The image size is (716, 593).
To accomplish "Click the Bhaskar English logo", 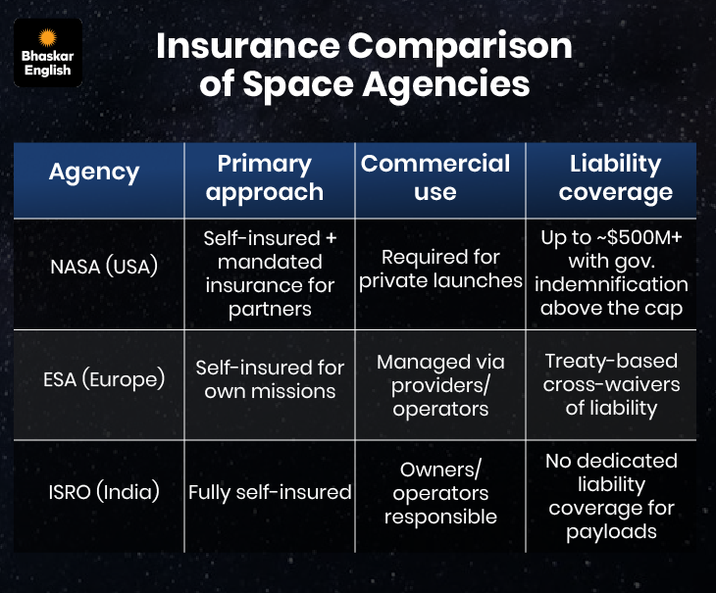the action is pos(48,53).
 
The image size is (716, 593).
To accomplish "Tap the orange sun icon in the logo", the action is pos(47,38).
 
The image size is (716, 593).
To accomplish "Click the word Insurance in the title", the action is pos(248,46).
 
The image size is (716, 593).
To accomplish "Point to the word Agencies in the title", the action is pos(446,85).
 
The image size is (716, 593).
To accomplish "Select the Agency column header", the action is pos(94,173).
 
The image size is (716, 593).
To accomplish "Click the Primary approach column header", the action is pos(265,178).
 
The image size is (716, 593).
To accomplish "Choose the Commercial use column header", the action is pos(435,177).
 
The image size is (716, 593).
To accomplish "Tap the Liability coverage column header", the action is pos(615,178).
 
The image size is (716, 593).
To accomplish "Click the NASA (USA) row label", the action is pos(104,267).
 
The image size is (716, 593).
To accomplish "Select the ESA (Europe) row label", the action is pos(104,379).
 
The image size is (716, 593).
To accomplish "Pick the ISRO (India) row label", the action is pos(104,492).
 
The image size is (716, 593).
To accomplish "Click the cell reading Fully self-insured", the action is pos(270,493).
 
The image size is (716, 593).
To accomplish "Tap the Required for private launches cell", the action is pos(440,270).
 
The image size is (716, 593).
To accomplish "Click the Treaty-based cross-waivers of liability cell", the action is pos(611,384).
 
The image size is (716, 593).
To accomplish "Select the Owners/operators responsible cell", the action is pos(440,493).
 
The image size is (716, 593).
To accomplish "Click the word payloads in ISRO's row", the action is pos(611,532).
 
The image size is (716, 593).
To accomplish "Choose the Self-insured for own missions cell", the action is pos(270,379).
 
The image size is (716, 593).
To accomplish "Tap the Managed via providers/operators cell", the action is pos(440,385).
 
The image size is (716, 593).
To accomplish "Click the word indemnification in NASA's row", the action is pos(611,284).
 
